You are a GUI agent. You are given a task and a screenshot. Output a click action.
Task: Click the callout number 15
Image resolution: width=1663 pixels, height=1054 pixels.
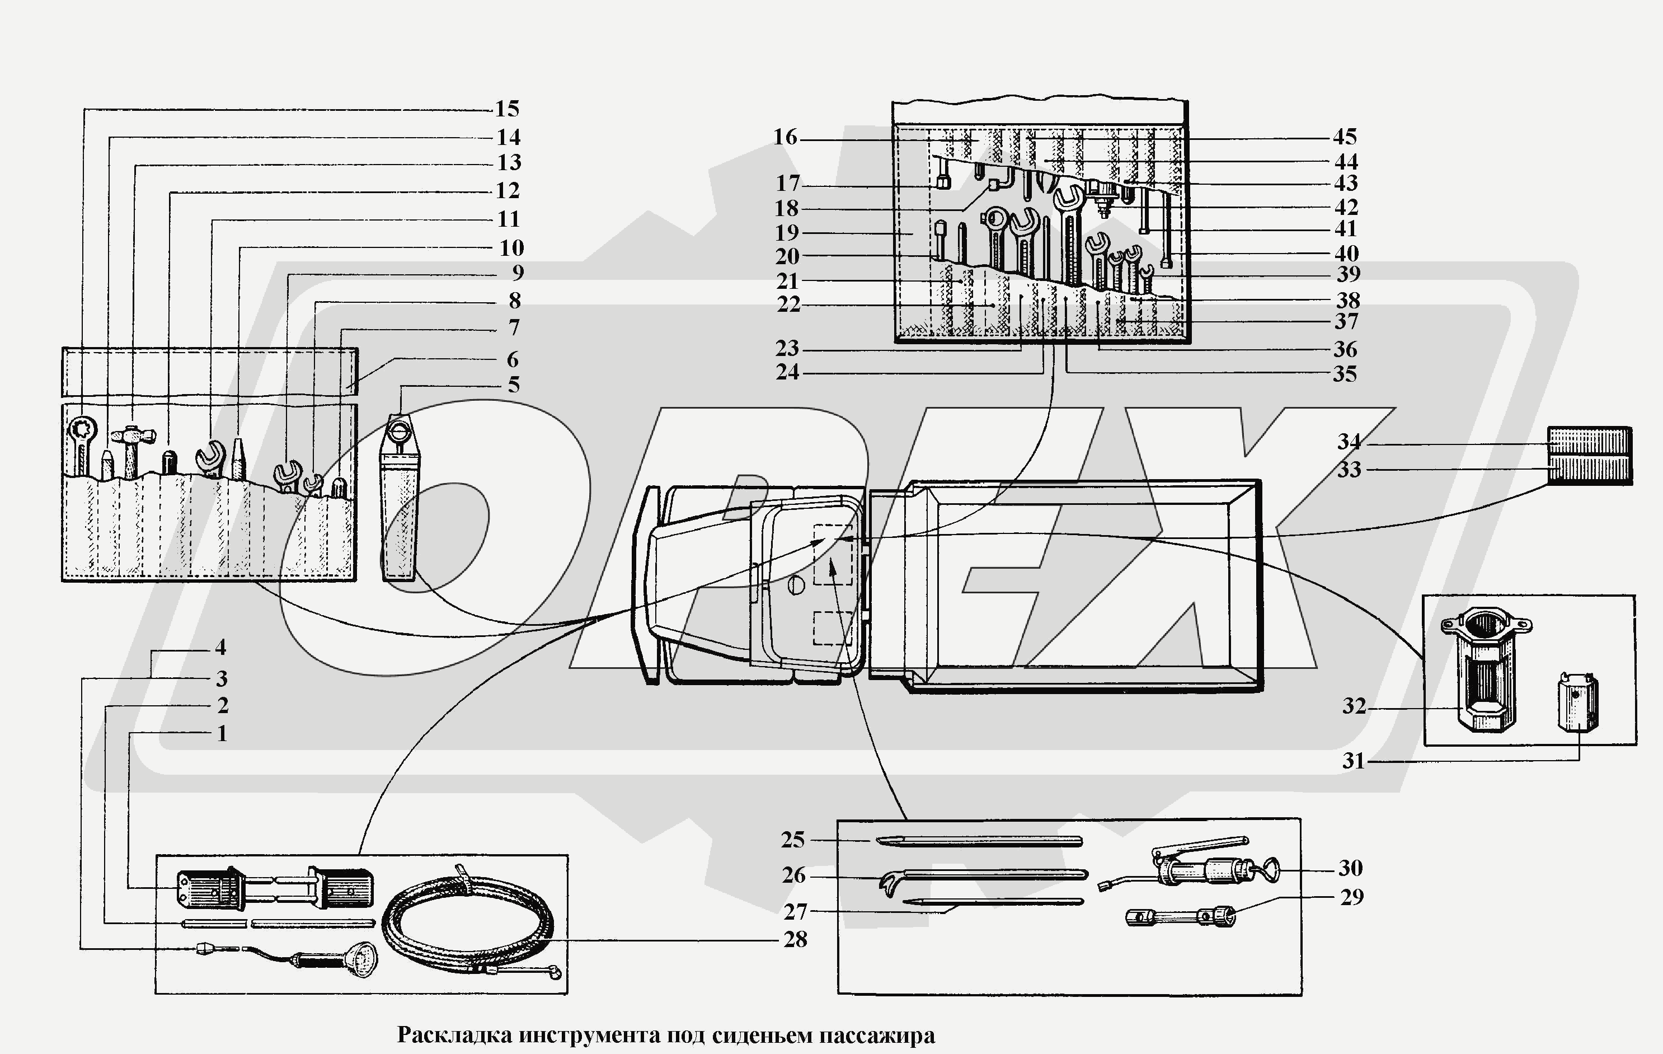pos(507,109)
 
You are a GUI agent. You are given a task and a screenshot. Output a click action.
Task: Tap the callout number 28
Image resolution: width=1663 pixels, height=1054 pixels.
pos(795,939)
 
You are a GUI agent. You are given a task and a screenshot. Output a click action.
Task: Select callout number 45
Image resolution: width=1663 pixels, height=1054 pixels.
pos(1345,137)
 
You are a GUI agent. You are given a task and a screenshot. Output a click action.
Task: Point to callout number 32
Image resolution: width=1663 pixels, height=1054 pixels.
pos(1354,706)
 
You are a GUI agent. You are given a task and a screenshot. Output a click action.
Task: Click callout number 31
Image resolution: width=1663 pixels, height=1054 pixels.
pos(1354,761)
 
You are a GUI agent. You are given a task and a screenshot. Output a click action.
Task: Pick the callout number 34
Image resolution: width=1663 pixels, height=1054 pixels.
pos(1349,441)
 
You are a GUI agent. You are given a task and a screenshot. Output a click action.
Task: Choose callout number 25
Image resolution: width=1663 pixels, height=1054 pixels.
pos(793,840)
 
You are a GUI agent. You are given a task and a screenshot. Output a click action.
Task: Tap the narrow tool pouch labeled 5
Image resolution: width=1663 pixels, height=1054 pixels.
pos(399,504)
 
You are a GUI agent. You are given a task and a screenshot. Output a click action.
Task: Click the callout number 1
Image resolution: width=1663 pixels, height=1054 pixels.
pos(222,733)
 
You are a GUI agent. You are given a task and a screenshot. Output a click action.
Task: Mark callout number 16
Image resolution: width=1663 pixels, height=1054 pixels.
pos(785,138)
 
